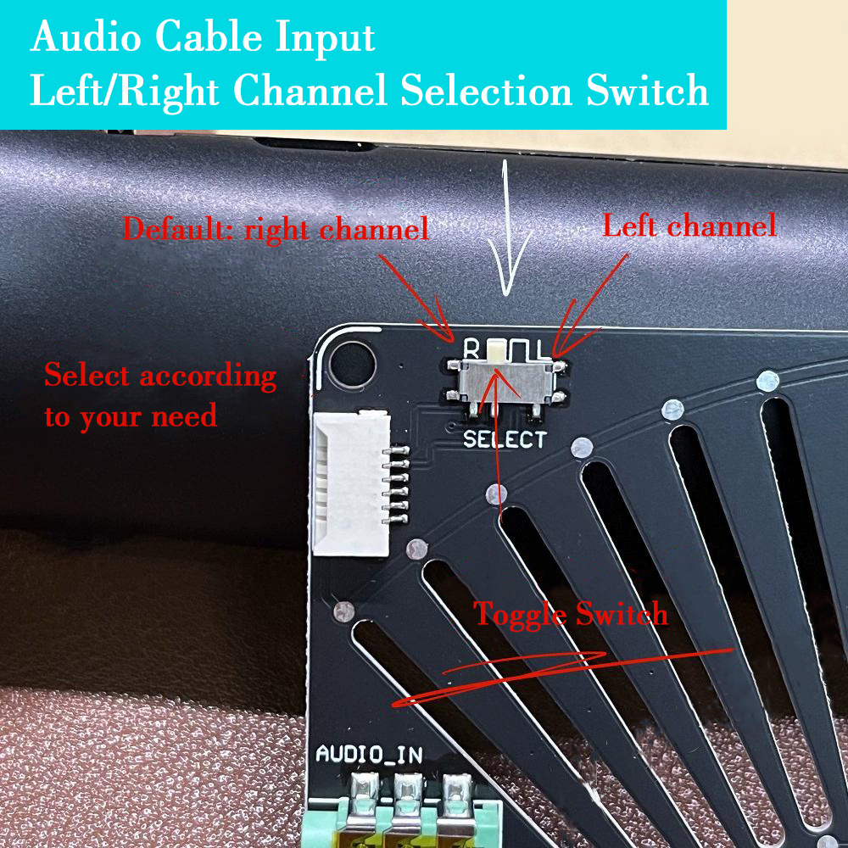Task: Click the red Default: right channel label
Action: (x=276, y=229)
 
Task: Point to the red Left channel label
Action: (x=689, y=226)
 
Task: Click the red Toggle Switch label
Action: (x=571, y=614)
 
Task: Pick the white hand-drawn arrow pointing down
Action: (x=505, y=229)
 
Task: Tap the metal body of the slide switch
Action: (x=506, y=386)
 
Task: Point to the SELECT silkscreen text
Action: (x=505, y=439)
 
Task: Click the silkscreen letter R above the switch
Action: (x=472, y=348)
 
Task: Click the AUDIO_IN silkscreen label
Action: (x=369, y=754)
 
